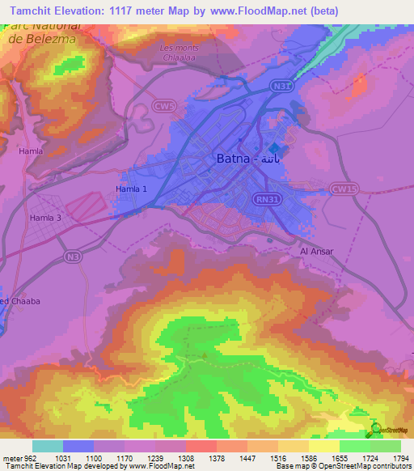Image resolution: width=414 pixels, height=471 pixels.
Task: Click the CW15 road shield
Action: point(344,189)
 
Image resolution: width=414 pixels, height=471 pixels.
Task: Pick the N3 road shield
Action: point(74,256)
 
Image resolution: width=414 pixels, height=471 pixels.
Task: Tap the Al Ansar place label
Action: point(316,252)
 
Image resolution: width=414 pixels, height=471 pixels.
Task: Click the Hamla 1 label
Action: point(133,189)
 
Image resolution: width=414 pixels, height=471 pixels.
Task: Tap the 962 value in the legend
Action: point(25,458)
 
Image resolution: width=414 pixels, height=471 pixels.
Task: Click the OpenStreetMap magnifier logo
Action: point(376,429)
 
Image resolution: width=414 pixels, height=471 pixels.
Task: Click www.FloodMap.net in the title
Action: point(265,11)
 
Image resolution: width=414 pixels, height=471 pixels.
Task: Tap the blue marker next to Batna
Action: point(274,148)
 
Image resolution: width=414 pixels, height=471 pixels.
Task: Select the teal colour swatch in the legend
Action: point(47,446)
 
